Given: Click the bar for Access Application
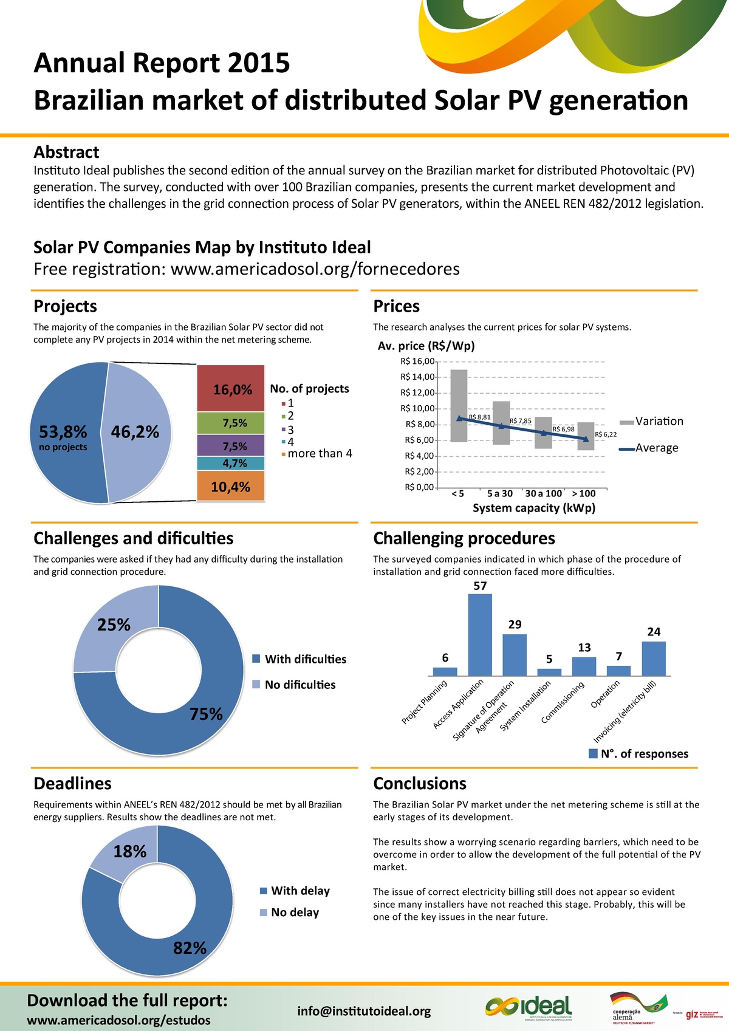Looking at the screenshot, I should tap(480, 635).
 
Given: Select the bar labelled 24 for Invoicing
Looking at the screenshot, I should tap(654, 659).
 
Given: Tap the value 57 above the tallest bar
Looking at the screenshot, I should tap(480, 586).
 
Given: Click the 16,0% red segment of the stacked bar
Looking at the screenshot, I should tap(231, 389).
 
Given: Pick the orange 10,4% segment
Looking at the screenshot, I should tap(231, 487).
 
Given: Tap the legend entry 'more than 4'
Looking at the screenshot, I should tap(320, 454).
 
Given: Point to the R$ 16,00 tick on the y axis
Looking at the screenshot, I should tap(417, 361).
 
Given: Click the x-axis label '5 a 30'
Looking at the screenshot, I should tap(499, 493).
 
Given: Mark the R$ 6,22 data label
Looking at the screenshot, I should tap(606, 434).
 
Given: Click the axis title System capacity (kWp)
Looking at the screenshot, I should tap(534, 508).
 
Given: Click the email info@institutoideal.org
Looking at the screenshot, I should tap(364, 1011).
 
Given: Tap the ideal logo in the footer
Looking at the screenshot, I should tap(529, 1006).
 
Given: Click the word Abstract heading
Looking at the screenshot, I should tap(66, 152).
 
